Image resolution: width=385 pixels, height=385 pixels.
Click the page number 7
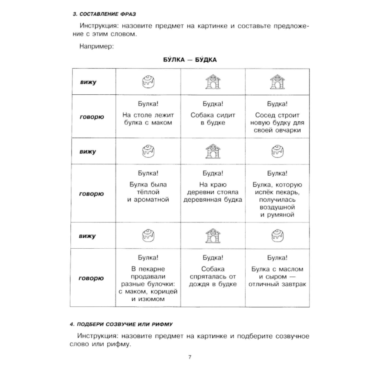(x=190, y=357)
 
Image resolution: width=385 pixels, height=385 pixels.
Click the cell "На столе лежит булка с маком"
(x=148, y=119)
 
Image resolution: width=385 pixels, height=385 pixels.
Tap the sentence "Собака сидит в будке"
(x=213, y=119)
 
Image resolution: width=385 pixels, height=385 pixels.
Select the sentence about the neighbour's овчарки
(x=277, y=122)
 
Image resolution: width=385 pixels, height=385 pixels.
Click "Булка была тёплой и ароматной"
(x=148, y=192)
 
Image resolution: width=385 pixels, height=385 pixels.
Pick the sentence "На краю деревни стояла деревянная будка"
(x=213, y=192)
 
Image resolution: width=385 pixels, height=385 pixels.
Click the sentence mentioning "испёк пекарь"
(x=277, y=199)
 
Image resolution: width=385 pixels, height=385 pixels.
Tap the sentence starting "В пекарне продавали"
(x=148, y=284)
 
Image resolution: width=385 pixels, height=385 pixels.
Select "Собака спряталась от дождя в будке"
(x=213, y=276)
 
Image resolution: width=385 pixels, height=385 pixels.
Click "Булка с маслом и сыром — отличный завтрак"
(x=277, y=276)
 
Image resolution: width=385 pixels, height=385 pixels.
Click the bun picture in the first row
(x=148, y=82)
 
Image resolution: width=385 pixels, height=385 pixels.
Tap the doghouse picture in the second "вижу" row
(x=213, y=151)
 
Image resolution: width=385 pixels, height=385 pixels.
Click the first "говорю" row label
(x=91, y=116)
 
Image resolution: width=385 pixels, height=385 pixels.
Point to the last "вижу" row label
(x=88, y=236)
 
